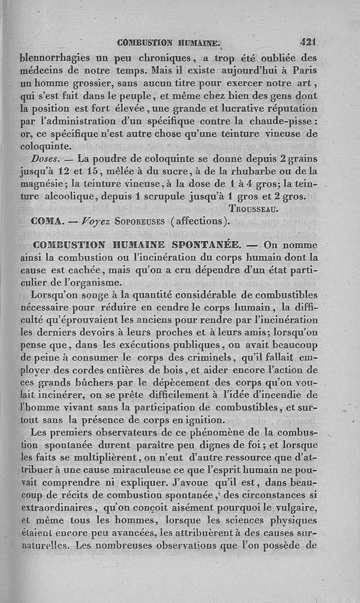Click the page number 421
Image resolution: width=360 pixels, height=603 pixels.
tap(309, 42)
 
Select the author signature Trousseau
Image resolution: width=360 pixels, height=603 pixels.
tap(256, 209)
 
